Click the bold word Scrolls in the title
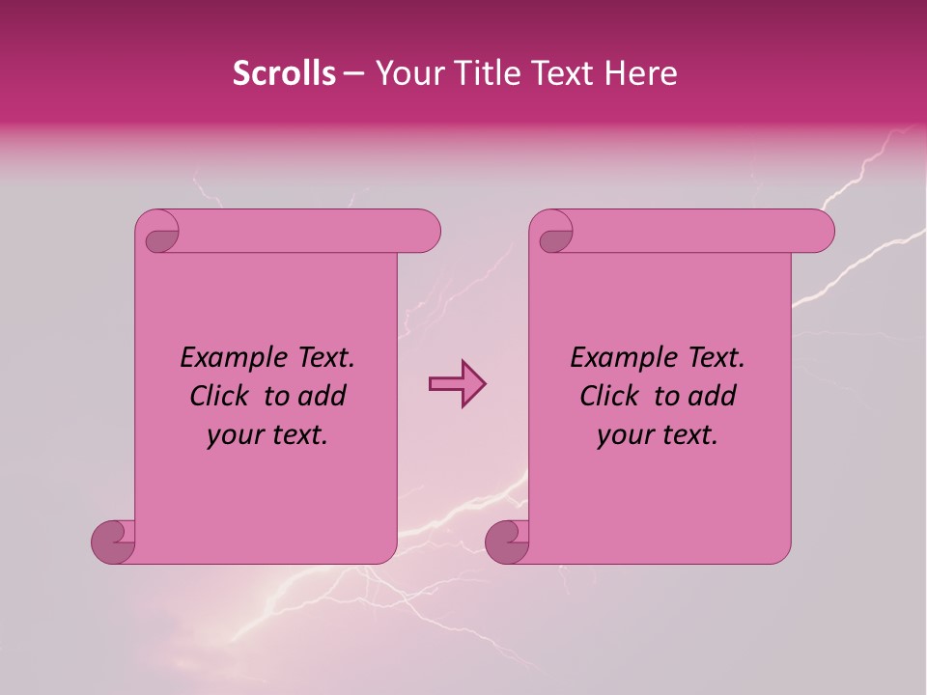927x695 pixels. [285, 73]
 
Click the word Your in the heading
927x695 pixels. [406, 73]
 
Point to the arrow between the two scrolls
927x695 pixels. [456, 385]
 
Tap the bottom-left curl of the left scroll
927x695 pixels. [114, 542]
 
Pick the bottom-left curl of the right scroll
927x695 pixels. [507, 542]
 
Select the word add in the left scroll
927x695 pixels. [323, 397]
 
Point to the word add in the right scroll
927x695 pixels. [713, 397]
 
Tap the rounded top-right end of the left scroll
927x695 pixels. [426, 232]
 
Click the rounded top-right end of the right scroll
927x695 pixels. [820, 232]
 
